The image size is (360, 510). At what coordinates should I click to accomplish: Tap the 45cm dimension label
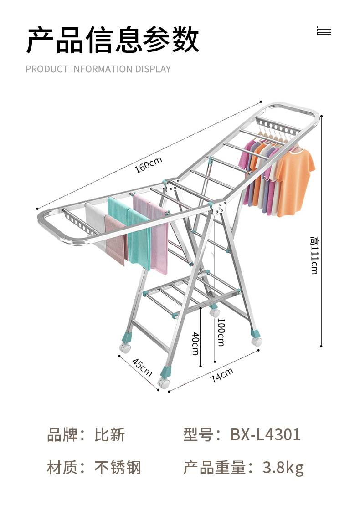tap(142, 367)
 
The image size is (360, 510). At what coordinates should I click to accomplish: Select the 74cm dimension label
tap(222, 375)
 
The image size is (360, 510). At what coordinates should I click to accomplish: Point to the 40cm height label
tap(195, 344)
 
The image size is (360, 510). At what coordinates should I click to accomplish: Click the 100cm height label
tap(221, 332)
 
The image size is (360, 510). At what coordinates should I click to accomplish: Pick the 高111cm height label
tap(314, 255)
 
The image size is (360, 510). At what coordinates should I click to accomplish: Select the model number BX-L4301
tap(265, 434)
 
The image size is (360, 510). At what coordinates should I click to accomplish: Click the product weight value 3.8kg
tap(283, 468)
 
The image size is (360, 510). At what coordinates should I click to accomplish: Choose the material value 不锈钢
tap(118, 468)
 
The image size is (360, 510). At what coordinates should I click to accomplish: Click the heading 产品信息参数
tap(113, 41)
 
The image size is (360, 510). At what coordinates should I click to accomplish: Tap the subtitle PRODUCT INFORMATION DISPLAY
tap(98, 69)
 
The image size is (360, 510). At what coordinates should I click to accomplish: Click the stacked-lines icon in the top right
tap(324, 31)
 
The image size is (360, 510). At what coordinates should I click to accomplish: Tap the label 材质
tap(62, 468)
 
